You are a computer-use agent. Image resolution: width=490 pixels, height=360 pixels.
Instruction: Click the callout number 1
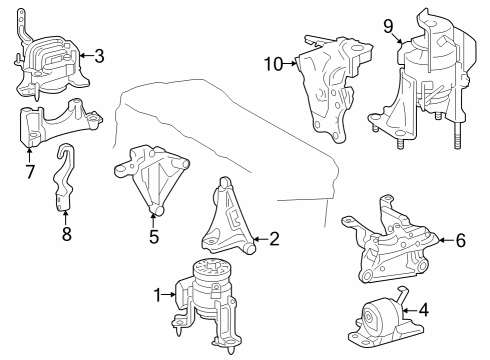point(157,295)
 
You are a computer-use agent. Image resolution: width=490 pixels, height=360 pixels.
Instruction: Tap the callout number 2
point(274,239)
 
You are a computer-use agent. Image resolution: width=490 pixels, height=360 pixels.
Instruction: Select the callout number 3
point(99,56)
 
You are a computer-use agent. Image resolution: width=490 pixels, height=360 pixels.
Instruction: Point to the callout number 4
point(423,310)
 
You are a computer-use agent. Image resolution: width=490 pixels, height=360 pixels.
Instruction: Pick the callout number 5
point(154,237)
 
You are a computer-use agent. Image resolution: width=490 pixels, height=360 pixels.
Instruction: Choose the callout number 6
point(460,240)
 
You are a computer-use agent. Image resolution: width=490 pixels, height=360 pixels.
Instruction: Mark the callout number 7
point(30,172)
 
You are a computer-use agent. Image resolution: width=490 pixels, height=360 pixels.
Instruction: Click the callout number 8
point(67,234)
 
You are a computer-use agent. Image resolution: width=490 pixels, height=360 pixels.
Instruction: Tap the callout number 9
point(388,26)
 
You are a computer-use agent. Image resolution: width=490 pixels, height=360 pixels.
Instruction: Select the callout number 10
point(274,64)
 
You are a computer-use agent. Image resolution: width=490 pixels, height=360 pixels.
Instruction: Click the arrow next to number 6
point(446,240)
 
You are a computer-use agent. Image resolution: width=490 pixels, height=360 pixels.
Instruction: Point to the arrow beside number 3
point(86,55)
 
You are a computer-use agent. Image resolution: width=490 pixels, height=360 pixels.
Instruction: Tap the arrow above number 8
point(65,217)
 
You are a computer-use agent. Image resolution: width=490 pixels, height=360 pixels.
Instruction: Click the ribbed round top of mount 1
point(212,268)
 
